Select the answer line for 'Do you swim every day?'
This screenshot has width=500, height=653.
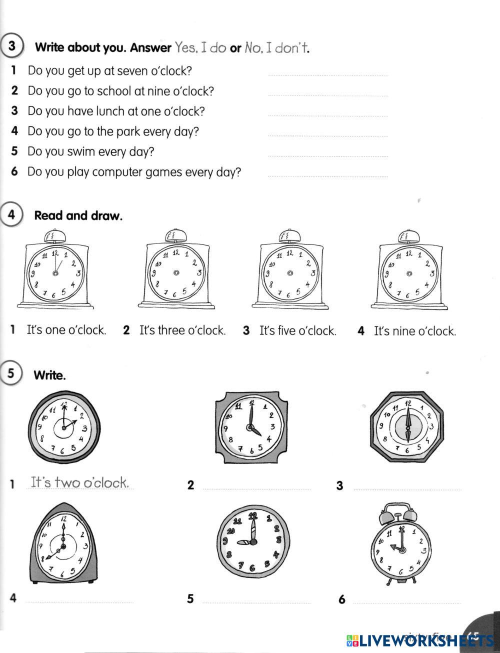pos(328,155)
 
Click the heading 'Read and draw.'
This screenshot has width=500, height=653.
pos(78,216)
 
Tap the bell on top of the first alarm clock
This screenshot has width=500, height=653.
pos(51,235)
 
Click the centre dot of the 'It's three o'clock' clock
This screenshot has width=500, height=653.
pos(176,272)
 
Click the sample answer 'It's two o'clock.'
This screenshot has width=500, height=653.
pos(80,483)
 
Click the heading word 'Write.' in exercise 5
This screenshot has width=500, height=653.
pos(49,375)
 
